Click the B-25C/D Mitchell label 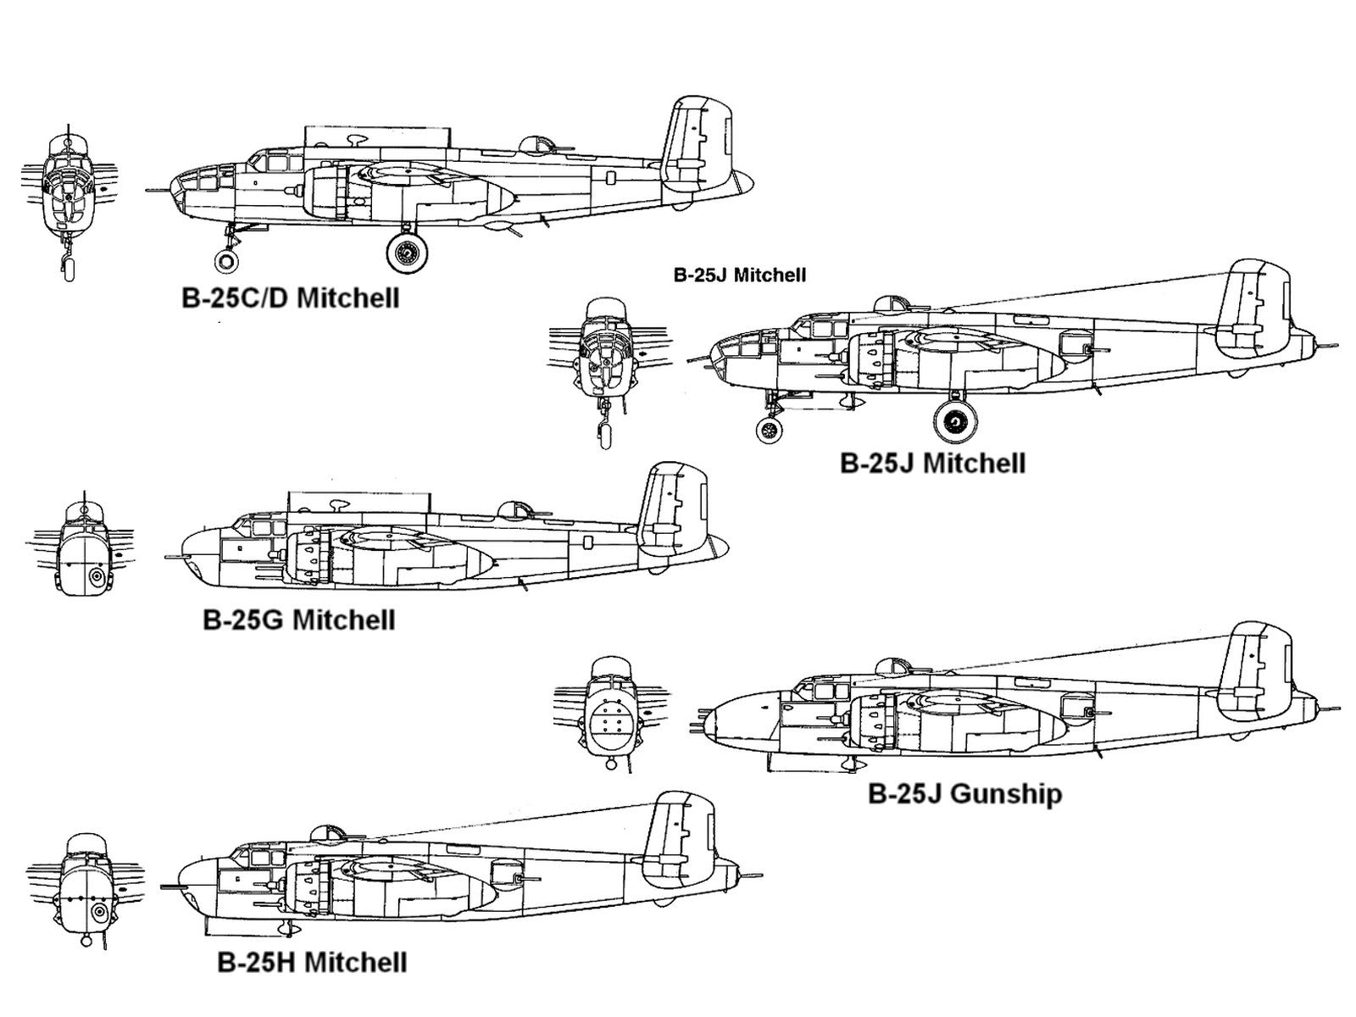click(x=290, y=298)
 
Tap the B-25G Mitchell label click(x=298, y=620)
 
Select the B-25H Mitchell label click(x=312, y=963)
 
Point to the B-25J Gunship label click(x=964, y=794)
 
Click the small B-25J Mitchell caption click(x=739, y=275)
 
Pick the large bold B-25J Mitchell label click(x=932, y=464)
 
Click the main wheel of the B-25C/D click(x=408, y=252)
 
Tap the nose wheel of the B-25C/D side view click(x=226, y=259)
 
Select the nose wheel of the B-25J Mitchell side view click(x=770, y=430)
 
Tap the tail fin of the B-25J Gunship click(x=1257, y=670)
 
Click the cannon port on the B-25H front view click(x=99, y=912)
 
